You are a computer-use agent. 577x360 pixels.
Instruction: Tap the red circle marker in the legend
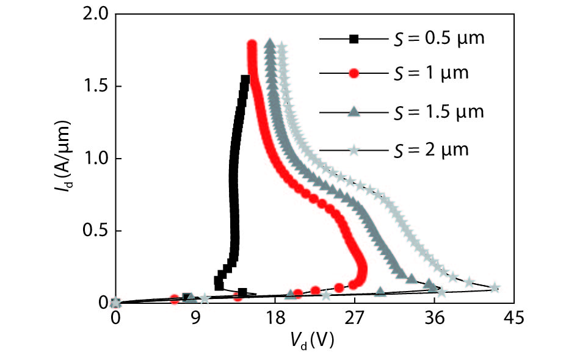coord(354,74)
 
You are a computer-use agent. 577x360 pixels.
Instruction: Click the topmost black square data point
coord(245,79)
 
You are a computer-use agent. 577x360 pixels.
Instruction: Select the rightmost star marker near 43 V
coord(495,287)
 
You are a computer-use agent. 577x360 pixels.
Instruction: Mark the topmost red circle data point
coord(252,45)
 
